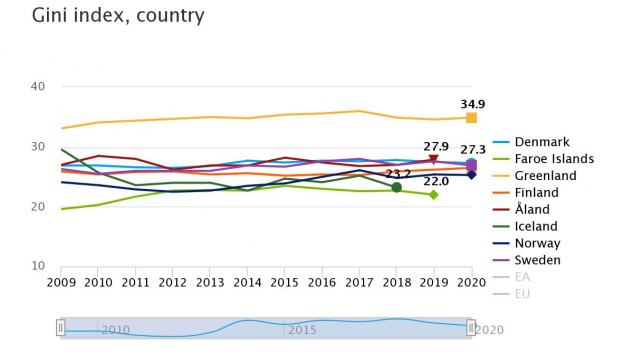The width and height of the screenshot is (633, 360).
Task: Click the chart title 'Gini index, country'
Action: click(118, 16)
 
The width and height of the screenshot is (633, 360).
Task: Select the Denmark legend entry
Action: click(548, 142)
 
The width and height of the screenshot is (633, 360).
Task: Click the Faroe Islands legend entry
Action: click(562, 159)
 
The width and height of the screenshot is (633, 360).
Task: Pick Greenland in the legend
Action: click(553, 176)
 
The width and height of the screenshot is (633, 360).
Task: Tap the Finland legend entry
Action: click(545, 193)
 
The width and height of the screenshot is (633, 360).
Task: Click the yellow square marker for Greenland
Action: click(471, 118)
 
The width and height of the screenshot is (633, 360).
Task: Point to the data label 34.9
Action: click(473, 104)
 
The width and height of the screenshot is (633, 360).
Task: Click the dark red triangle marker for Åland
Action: click(433, 160)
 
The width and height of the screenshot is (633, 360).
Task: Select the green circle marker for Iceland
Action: click(397, 187)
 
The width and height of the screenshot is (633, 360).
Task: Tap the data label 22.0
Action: click(436, 181)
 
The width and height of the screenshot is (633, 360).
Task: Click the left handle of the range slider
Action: click(61, 327)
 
